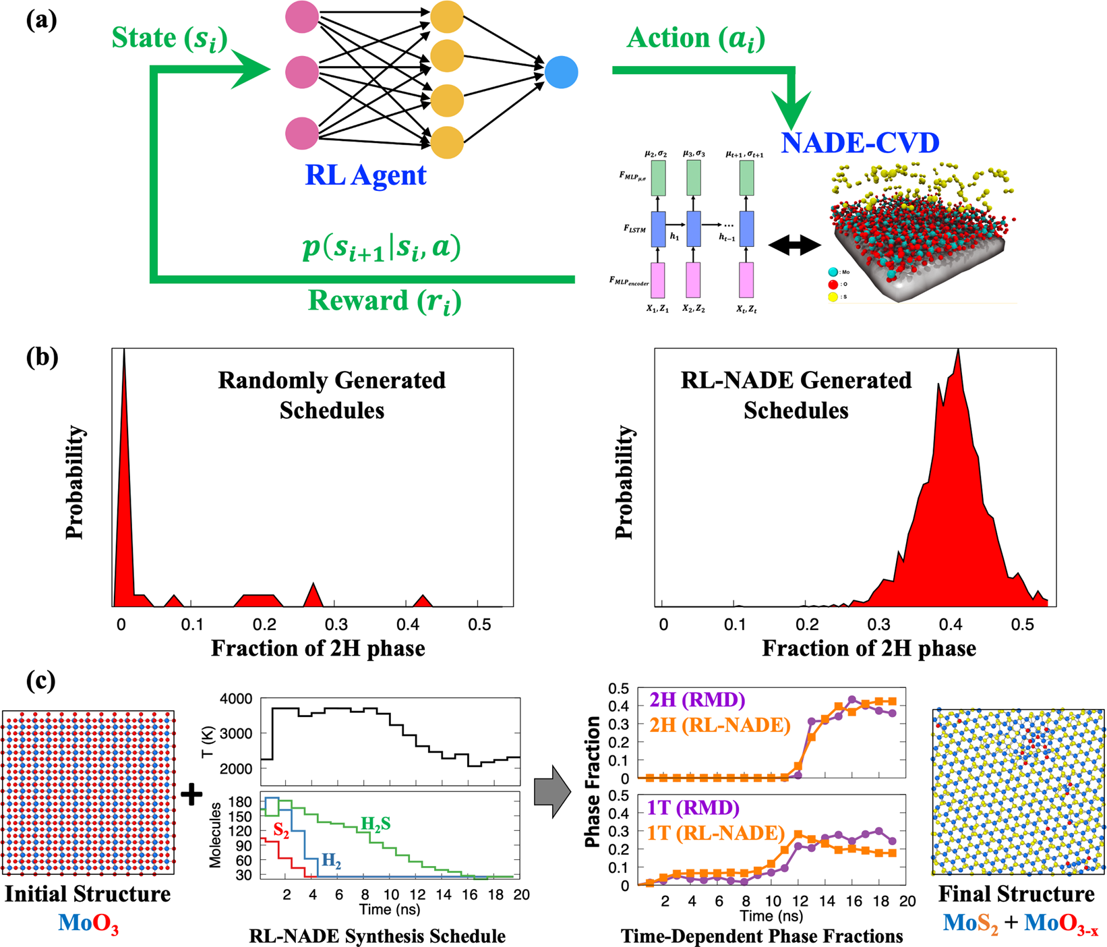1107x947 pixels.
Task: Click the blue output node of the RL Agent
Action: [561, 72]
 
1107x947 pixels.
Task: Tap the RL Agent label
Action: [365, 175]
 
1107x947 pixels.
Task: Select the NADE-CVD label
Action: [860, 143]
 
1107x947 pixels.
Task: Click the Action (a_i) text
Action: [696, 38]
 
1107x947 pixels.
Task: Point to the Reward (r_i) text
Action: [384, 301]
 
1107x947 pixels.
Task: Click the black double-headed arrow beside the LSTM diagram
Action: [795, 246]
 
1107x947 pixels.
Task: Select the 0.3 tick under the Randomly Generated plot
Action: [336, 625]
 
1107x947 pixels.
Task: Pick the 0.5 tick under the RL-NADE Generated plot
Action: [1022, 625]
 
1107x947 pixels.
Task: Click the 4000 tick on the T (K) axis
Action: [236, 699]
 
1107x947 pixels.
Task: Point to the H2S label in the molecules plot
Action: [375, 824]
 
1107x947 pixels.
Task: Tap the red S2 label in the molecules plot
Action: [281, 832]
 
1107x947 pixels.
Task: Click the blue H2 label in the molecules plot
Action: [331, 860]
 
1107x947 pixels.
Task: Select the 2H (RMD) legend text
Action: [697, 700]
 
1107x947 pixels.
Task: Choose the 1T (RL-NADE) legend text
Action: [716, 834]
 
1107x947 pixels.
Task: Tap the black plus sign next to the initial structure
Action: [191, 794]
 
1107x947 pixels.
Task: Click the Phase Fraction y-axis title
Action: [593, 782]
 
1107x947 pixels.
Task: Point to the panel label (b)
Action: [42, 357]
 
